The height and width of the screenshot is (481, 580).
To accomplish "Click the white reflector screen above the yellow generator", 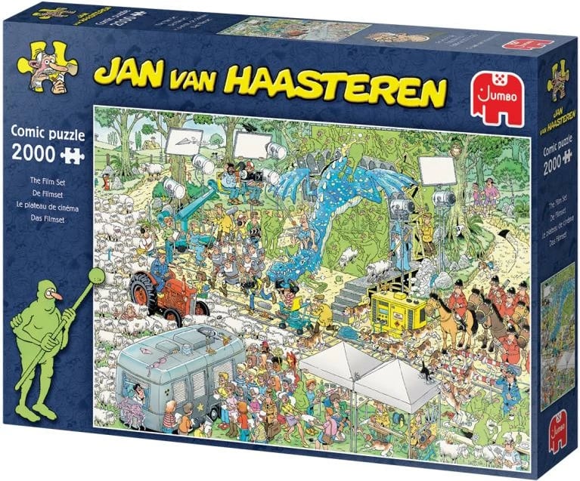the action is (437, 170).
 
